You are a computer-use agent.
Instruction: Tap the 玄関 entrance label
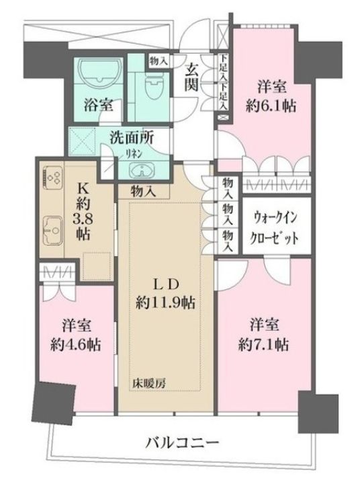point(192,78)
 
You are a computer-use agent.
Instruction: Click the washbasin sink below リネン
point(140,169)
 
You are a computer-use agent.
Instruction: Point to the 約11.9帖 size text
point(165,302)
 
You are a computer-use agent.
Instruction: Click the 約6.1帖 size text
point(271,106)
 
